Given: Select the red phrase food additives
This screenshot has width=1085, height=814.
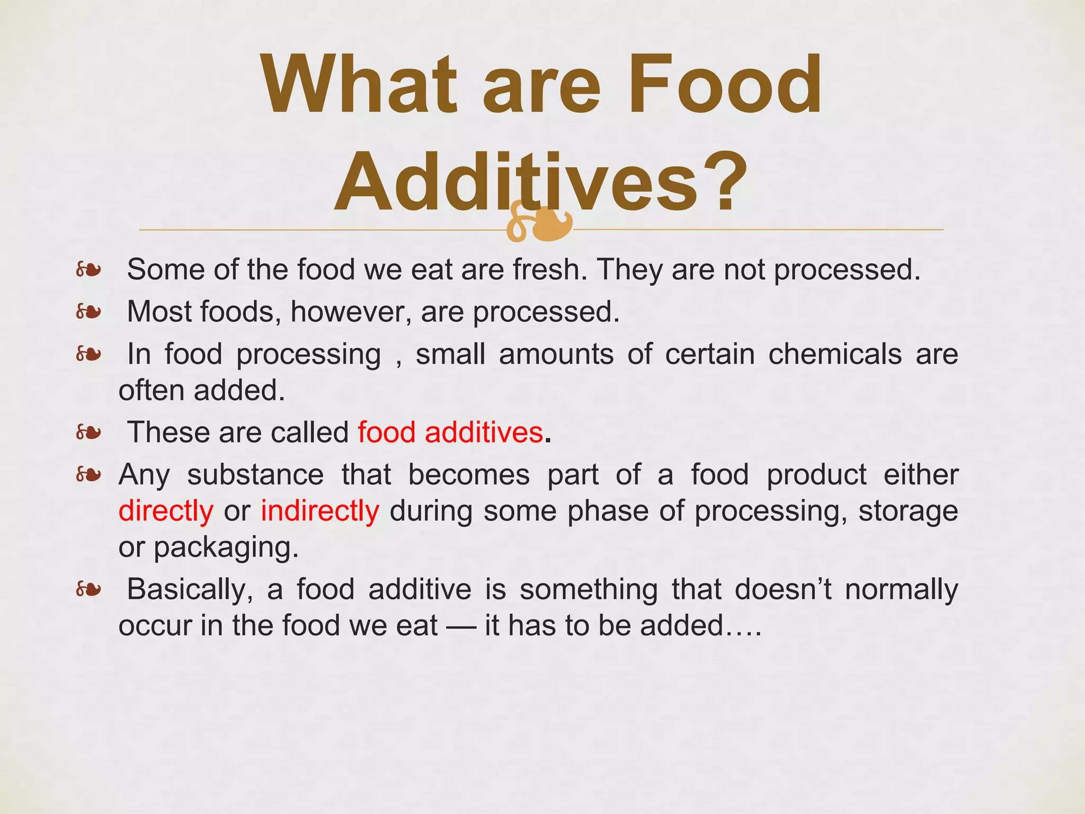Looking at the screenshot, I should [x=450, y=432].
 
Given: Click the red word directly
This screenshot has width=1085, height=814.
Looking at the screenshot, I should [x=166, y=511].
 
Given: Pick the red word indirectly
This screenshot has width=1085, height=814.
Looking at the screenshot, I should [x=320, y=511].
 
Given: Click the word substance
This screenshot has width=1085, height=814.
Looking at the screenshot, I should [x=255, y=474].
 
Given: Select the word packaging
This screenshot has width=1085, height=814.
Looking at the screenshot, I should [x=226, y=547].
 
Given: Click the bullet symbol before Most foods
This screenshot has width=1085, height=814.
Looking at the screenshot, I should [x=88, y=312].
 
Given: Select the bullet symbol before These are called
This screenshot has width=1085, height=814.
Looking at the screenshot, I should [x=88, y=432].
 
